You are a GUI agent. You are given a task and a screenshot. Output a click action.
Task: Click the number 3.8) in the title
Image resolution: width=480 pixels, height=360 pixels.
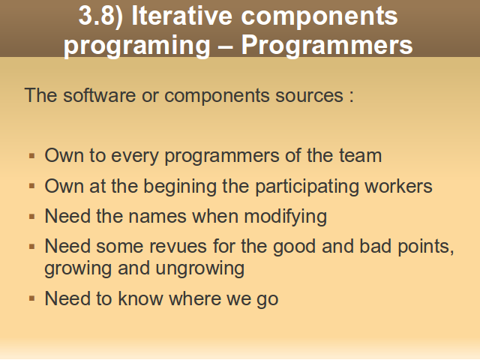100,16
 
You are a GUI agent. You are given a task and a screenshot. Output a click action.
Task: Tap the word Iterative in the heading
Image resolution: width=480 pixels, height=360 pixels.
181,15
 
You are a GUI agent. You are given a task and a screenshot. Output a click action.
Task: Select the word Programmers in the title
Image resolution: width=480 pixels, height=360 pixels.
327,46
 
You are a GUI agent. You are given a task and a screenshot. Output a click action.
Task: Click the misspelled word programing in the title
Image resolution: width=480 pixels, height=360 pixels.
136,46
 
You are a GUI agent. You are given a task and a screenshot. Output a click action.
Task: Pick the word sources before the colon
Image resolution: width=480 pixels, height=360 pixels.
309,96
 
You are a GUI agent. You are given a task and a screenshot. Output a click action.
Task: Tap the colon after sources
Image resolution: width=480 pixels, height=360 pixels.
352,97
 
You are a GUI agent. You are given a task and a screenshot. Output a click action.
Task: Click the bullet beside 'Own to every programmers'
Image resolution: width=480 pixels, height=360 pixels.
31,156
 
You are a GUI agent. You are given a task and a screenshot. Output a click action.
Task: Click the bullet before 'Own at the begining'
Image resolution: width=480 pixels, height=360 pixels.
31,186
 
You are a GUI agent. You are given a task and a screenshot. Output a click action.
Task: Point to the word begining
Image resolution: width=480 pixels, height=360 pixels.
180,187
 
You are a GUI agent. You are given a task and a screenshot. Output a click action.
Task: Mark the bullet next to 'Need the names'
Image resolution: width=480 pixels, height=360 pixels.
31,217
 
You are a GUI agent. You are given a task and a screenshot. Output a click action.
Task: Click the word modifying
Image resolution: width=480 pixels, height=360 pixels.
285,217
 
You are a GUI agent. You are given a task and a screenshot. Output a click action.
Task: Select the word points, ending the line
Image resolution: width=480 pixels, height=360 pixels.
426,247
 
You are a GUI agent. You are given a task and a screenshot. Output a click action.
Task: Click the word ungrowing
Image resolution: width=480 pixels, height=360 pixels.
200,268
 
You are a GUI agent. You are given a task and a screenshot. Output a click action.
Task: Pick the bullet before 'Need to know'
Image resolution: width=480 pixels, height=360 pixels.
31,298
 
